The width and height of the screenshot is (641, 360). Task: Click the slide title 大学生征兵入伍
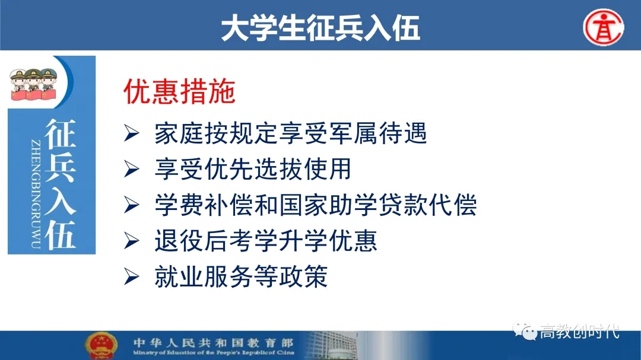[320, 28]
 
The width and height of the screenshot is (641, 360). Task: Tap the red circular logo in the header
[604, 27]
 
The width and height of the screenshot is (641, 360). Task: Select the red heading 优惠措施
[179, 91]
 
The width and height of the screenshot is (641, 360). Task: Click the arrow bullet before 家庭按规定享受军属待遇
[131, 133]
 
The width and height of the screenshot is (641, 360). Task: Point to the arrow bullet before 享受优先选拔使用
[131, 169]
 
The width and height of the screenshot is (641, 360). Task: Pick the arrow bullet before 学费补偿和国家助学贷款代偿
[131, 205]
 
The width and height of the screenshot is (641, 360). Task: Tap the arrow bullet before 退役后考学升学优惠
[131, 241]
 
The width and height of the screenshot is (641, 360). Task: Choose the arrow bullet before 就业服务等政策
[131, 276]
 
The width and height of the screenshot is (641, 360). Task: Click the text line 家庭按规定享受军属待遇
[291, 133]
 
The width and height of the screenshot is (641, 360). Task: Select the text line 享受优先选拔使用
[253, 169]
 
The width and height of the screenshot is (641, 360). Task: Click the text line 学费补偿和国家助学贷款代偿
[316, 205]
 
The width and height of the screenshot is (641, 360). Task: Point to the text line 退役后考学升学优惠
[266, 241]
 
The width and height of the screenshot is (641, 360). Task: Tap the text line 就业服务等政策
[241, 276]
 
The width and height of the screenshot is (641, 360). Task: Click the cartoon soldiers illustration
[33, 84]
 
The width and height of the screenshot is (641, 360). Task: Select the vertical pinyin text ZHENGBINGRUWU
[36, 194]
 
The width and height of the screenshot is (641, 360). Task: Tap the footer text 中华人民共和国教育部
[213, 342]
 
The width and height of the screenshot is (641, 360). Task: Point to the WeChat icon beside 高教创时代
[525, 331]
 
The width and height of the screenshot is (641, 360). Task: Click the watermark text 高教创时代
[579, 332]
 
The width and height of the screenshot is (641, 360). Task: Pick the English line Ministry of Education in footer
[214, 352]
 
